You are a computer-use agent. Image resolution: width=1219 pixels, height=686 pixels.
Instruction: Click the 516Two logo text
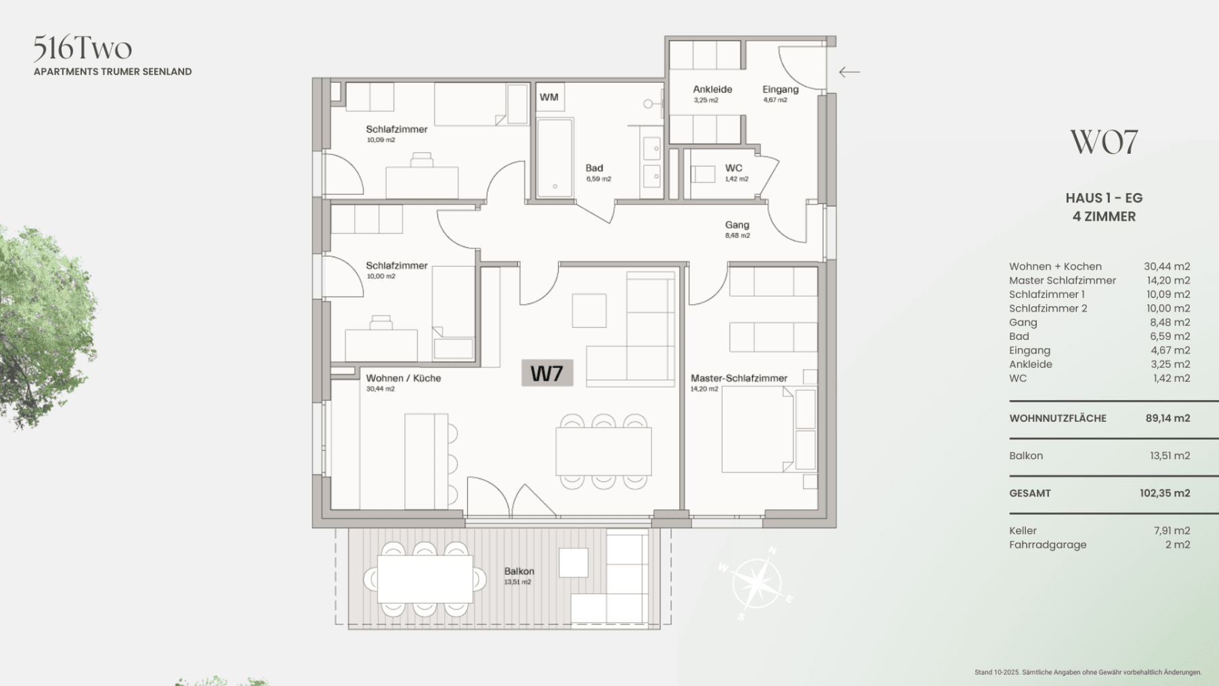coord(83,48)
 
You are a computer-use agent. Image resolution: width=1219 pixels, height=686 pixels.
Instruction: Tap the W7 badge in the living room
coord(547,373)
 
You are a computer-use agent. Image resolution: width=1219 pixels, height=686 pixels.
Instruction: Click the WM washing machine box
coord(549,98)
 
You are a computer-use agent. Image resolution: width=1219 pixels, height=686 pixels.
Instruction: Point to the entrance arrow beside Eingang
coord(849,72)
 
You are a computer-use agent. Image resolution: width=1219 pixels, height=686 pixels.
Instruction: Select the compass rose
coord(756,583)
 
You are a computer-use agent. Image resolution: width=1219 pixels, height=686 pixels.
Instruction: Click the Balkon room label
coord(519,572)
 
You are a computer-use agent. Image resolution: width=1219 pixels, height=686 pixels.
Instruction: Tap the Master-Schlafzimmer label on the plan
coord(739,379)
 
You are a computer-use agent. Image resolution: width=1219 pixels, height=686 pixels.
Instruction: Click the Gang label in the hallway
coord(737,225)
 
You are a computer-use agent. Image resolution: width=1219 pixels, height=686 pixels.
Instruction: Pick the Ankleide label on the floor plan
coord(712,89)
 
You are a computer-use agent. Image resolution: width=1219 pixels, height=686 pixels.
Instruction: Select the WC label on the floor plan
coord(733,168)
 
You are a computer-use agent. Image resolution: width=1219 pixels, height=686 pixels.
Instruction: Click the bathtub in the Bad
coord(555,158)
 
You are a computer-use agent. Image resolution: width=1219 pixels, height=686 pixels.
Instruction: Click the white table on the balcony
coord(425,579)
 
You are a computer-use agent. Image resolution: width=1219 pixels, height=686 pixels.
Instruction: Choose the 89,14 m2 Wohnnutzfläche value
coord(1168,419)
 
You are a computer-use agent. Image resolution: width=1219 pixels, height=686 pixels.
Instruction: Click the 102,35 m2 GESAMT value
coord(1164,494)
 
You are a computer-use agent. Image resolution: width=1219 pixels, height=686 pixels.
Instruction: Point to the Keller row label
coord(1023,531)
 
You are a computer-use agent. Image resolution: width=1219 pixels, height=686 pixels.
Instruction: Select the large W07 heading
coord(1104,142)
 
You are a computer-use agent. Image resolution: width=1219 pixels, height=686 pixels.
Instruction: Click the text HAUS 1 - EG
coord(1104,198)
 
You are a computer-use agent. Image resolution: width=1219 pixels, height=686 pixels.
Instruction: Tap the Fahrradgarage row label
coord(1048,545)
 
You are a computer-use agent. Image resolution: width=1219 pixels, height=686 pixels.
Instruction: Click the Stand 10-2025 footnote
coord(1088,672)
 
